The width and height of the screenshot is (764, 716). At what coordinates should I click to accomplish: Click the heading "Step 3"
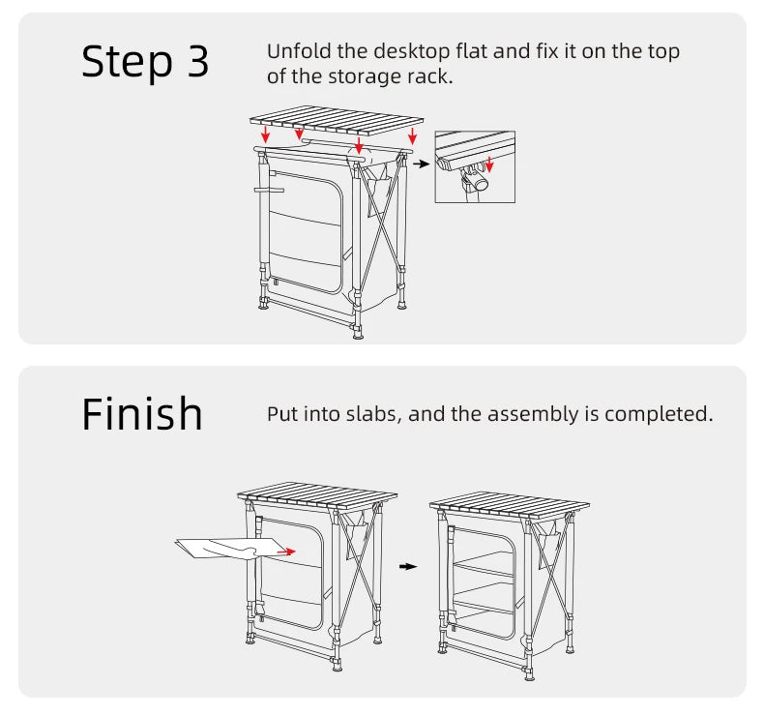145,62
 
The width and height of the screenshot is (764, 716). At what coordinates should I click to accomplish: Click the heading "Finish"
142,414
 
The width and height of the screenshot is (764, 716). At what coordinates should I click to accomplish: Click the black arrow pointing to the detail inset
421,164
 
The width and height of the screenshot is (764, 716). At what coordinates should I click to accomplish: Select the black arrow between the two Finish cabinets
408,566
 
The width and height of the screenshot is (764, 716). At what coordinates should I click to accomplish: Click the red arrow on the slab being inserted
284,551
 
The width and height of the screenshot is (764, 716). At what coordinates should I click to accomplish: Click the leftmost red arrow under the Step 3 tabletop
266,135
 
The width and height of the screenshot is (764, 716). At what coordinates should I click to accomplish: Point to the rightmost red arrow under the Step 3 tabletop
413,134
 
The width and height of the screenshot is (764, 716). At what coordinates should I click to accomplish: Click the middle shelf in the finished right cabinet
484,570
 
